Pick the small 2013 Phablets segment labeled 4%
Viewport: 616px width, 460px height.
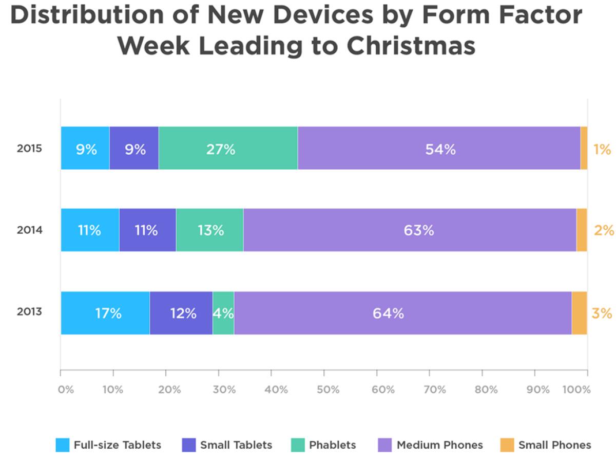[x=223, y=313]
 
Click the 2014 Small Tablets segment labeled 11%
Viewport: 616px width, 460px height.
[x=147, y=230]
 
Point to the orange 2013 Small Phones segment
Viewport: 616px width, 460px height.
[x=579, y=313]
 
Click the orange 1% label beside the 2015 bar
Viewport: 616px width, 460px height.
[x=602, y=149]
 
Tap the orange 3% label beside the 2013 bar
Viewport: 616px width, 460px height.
[x=602, y=313]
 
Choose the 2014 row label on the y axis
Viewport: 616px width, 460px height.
[x=29, y=230]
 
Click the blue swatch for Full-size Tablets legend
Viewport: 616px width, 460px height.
[x=62, y=445]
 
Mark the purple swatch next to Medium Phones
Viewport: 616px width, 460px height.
[x=385, y=445]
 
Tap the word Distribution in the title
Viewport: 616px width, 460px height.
[x=103, y=16]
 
